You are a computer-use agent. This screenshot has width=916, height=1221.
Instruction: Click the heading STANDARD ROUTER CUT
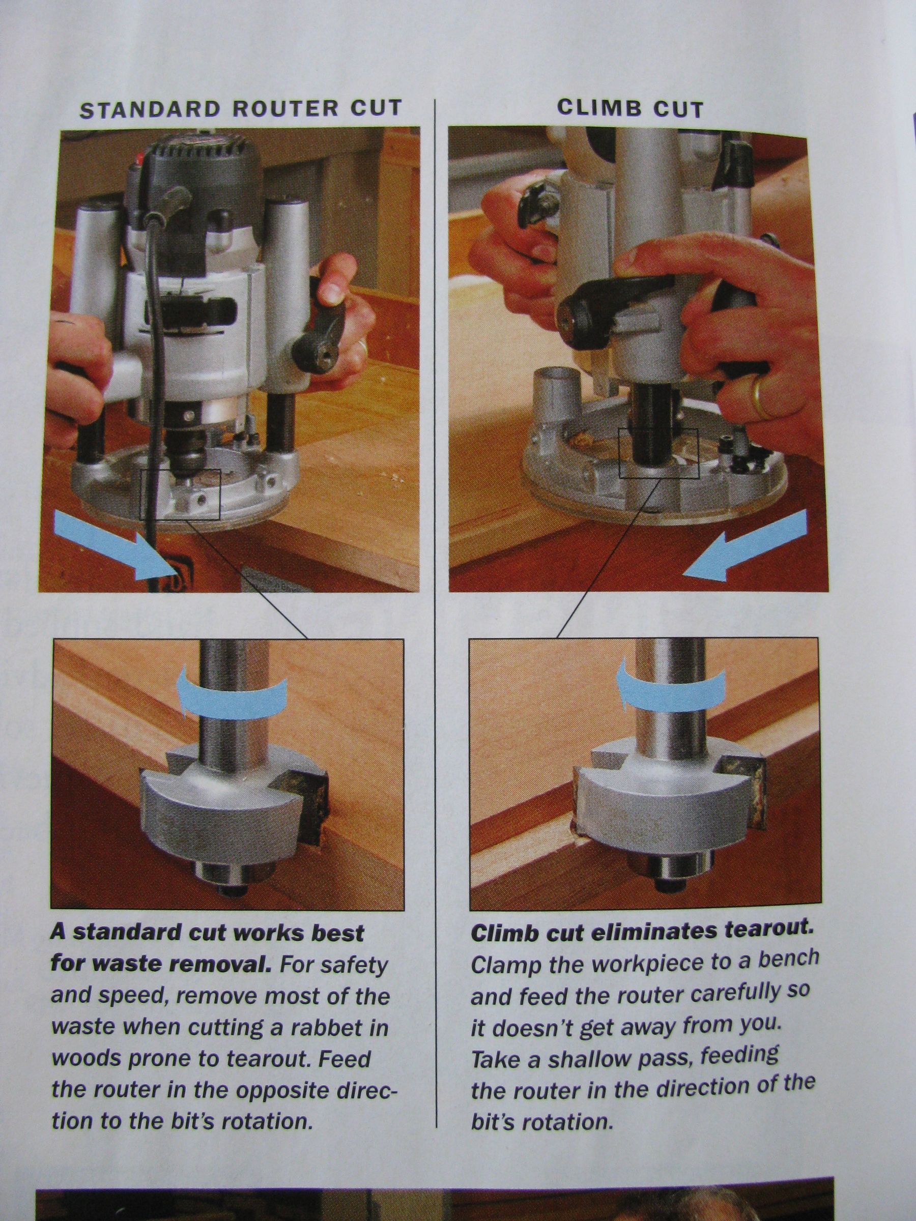point(241,109)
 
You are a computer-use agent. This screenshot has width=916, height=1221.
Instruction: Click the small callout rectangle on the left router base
point(180,494)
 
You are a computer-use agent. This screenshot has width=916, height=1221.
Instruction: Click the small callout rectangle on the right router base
point(659,453)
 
